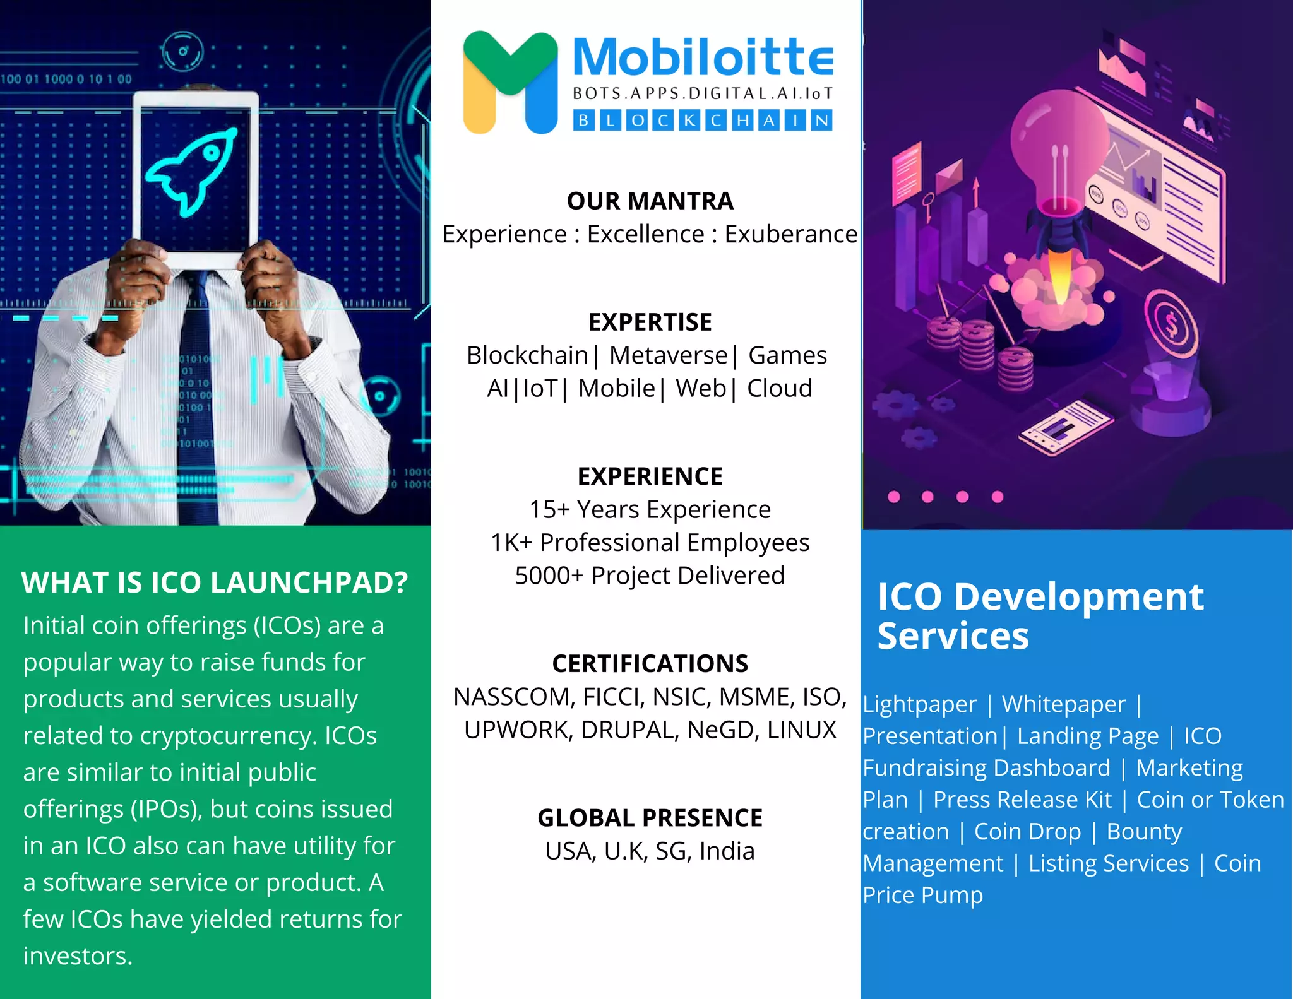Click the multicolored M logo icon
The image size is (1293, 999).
tap(510, 82)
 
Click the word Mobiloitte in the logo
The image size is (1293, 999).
tap(703, 57)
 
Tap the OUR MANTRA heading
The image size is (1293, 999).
tap(650, 201)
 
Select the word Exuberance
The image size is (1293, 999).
tap(790, 234)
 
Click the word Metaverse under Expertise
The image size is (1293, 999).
tap(669, 355)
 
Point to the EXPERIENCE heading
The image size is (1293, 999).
tap(650, 476)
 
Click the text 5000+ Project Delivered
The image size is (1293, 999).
tap(650, 576)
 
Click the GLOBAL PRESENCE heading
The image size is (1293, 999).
tap(650, 818)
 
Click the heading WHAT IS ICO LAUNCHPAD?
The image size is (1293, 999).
tap(215, 582)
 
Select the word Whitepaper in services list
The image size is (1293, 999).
tap(1063, 704)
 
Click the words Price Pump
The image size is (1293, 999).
tap(922, 895)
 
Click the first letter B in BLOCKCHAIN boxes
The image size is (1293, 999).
tap(584, 121)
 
